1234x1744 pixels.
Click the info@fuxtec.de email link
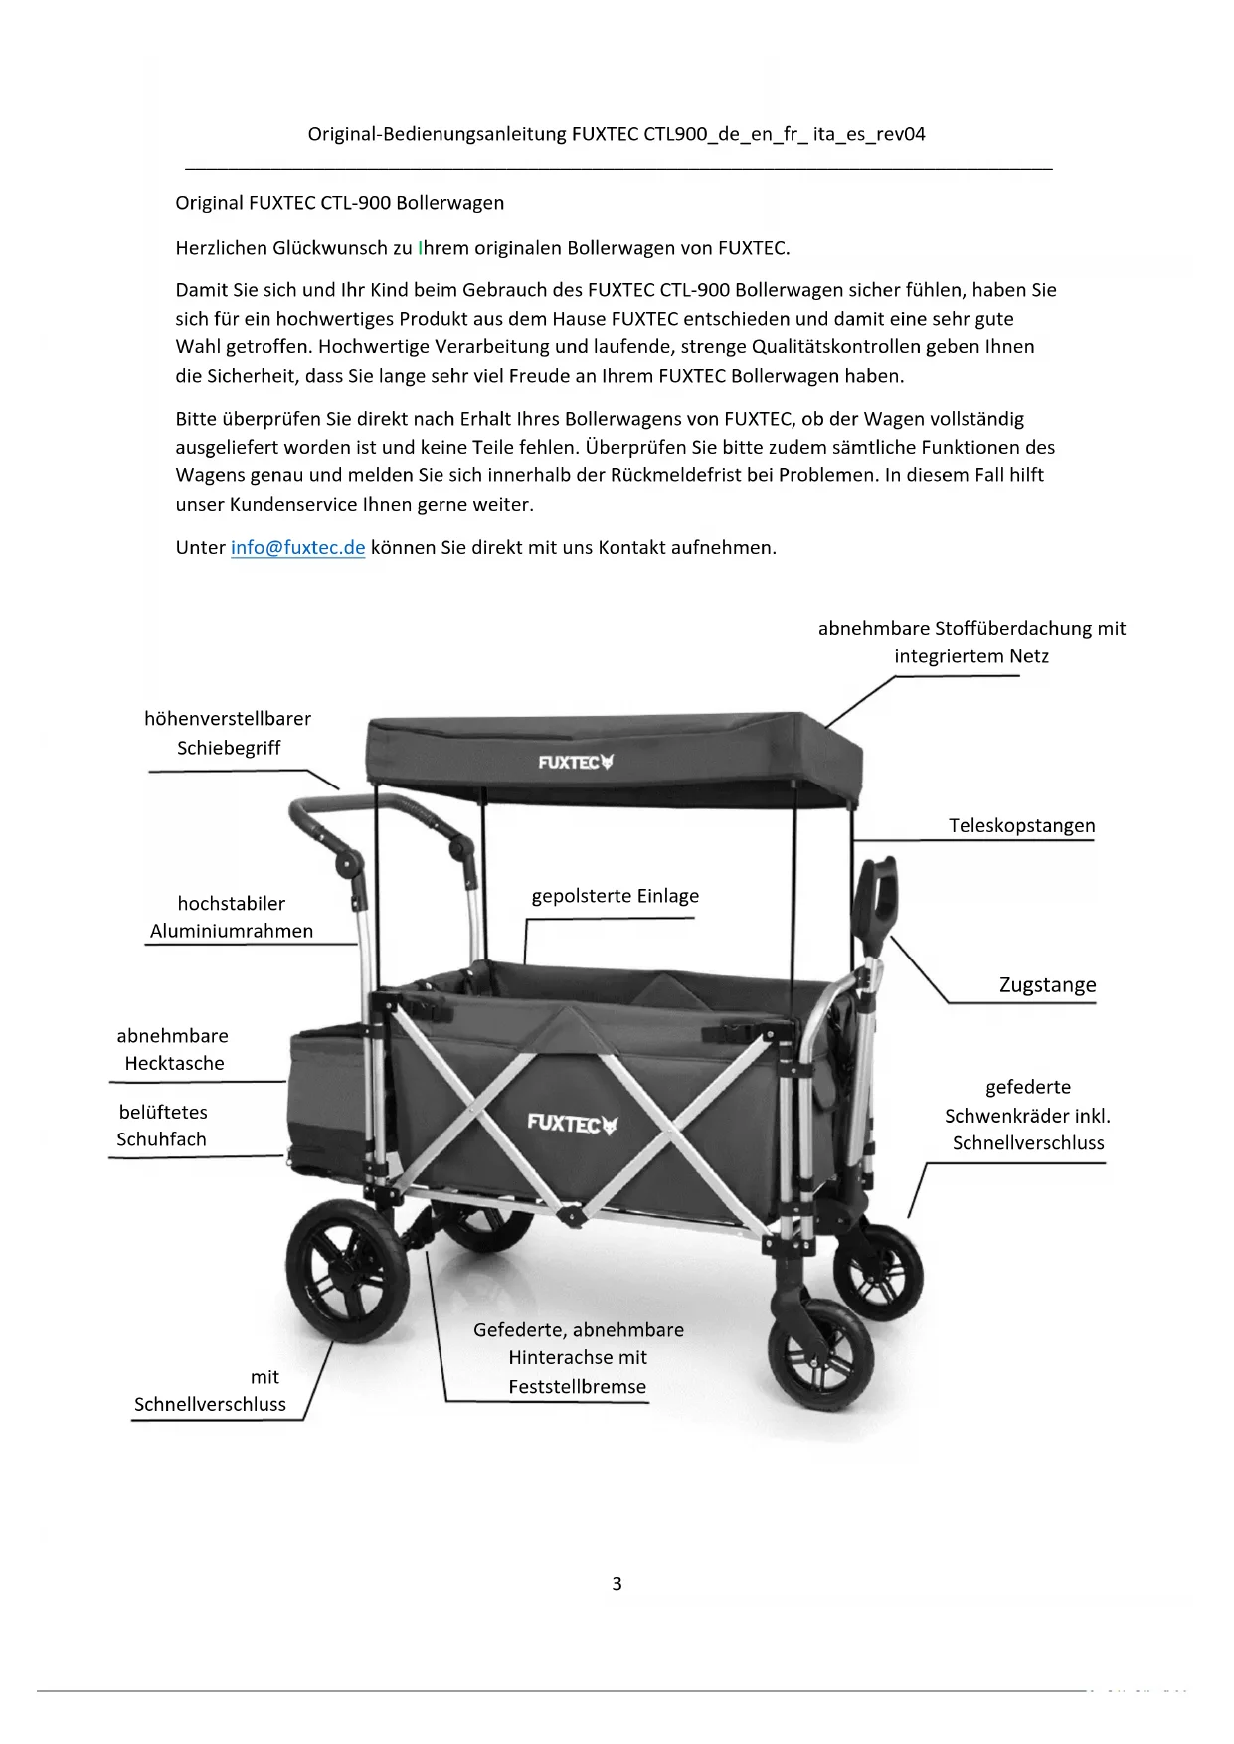[297, 548]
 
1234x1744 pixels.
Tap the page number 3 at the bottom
[617, 1583]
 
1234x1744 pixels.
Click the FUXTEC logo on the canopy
[576, 762]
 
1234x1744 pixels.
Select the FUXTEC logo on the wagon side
[572, 1124]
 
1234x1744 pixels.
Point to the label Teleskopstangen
[1021, 826]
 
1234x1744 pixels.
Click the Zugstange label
[1047, 985]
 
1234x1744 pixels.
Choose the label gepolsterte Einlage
[615, 896]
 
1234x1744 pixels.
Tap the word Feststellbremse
[577, 1387]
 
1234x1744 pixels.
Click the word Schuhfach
[161, 1139]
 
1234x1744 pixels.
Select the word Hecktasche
[174, 1063]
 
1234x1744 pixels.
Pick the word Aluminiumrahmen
[231, 932]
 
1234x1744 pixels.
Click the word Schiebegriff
[229, 748]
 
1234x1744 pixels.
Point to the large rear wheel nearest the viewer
[347, 1270]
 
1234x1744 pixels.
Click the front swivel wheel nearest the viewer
[820, 1354]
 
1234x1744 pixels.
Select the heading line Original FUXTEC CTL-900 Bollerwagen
[339, 203]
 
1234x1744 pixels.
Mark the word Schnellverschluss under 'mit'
[210, 1405]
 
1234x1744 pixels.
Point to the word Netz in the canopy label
[1029, 656]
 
